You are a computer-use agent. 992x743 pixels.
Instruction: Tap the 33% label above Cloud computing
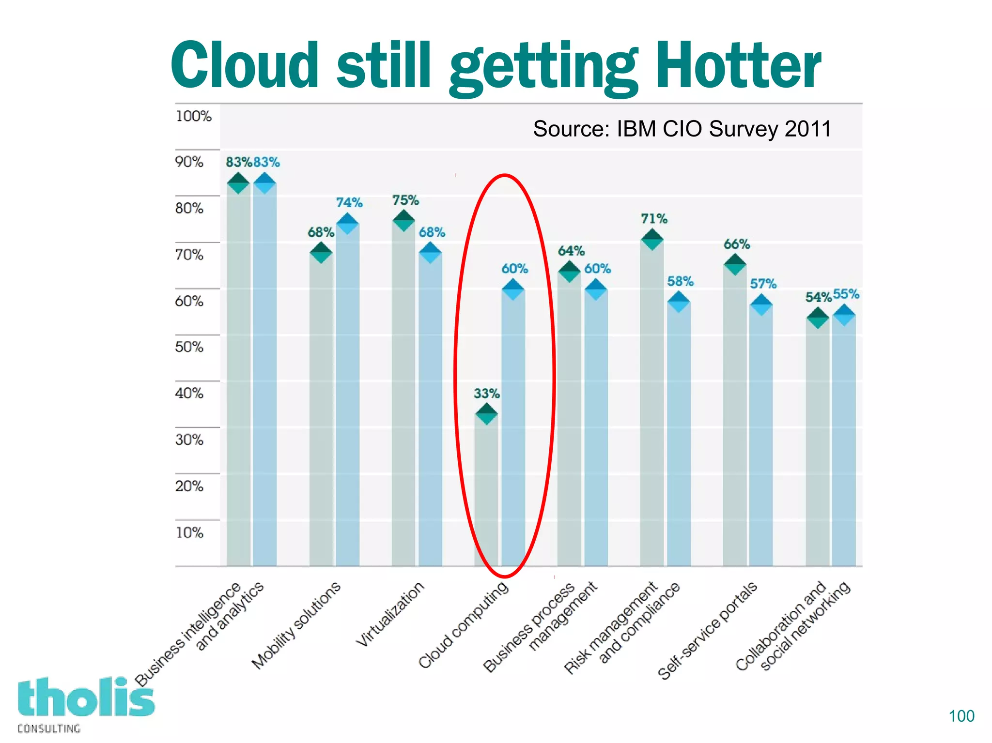486,393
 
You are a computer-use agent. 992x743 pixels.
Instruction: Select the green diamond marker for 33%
486,414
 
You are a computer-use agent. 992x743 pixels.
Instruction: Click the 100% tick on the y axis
193,116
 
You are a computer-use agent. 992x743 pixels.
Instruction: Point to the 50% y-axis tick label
189,347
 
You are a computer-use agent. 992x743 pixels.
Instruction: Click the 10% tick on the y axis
189,532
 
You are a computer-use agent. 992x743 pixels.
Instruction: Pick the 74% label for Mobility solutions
349,202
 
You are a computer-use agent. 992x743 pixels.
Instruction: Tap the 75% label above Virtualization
405,200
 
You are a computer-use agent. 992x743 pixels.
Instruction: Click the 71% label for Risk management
654,219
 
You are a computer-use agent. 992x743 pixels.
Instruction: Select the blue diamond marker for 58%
679,302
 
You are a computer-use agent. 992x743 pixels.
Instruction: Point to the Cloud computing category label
464,624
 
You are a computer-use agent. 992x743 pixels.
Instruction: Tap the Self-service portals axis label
707,630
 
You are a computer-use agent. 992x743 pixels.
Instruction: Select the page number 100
961,716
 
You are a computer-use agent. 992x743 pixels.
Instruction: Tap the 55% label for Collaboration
846,294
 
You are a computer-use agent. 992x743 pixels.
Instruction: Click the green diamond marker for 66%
735,264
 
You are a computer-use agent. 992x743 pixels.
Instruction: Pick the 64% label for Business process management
571,251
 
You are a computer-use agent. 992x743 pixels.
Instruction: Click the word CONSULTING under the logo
49,728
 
